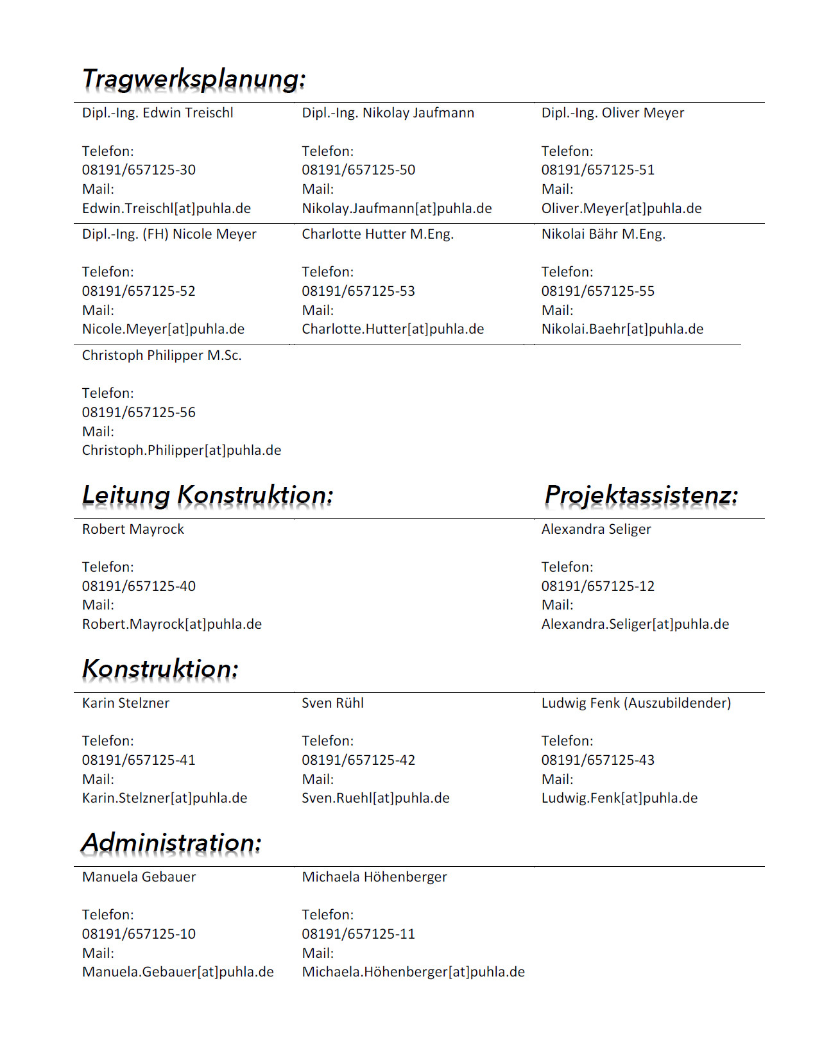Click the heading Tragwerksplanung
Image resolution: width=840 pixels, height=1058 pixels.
pyautogui.click(x=194, y=80)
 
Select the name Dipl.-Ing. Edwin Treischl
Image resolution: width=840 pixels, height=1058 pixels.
pyautogui.click(x=157, y=113)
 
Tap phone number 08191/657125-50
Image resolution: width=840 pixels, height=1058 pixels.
pyautogui.click(x=358, y=170)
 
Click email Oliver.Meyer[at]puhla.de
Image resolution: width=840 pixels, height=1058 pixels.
pyautogui.click(x=621, y=209)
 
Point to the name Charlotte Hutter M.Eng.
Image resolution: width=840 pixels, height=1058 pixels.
pyautogui.click(x=377, y=234)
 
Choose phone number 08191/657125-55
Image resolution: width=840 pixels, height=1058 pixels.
pyautogui.click(x=597, y=291)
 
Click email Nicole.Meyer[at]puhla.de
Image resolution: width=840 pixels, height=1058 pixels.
pyautogui.click(x=163, y=329)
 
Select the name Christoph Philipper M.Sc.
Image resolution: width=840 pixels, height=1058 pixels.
pyautogui.click(x=162, y=355)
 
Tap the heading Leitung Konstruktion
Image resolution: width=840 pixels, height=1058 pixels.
pyautogui.click(x=207, y=495)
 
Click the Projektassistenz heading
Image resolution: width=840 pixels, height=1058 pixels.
pyautogui.click(x=641, y=495)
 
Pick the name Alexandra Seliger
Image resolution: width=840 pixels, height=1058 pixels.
pyautogui.click(x=596, y=529)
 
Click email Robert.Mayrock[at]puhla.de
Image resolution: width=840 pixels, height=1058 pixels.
pyautogui.click(x=171, y=624)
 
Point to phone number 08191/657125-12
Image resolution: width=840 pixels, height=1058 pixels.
pyautogui.click(x=597, y=586)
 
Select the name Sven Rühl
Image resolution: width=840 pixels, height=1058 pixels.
pyautogui.click(x=332, y=703)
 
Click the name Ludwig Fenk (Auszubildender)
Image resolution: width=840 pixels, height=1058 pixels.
pyautogui.click(x=636, y=703)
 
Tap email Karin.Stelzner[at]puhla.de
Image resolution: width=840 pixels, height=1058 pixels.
pyautogui.click(x=164, y=798)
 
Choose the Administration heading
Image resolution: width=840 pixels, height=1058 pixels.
pyautogui.click(x=171, y=843)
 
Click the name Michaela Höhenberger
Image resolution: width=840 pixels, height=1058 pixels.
pyautogui.click(x=374, y=877)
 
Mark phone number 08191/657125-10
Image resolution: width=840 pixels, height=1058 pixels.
pyautogui.click(x=139, y=934)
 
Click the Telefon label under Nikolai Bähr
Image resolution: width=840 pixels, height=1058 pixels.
pyautogui.click(x=567, y=272)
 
